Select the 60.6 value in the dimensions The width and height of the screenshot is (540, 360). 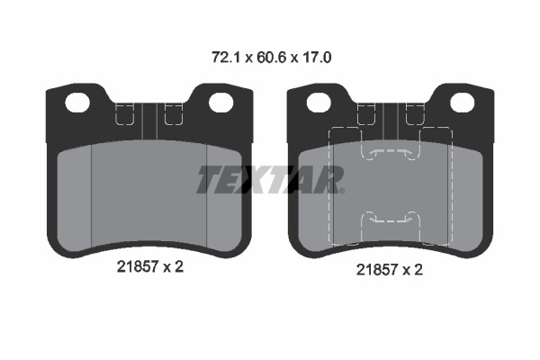pos(272,58)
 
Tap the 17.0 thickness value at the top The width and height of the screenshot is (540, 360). pos(317,58)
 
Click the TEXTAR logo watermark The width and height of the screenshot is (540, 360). pos(271,179)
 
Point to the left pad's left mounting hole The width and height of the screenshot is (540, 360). pos(77,103)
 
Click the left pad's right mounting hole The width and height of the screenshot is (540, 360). pos(221,103)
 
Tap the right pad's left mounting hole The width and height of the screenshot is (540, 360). pos(319,103)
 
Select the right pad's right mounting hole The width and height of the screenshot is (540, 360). pos(463,103)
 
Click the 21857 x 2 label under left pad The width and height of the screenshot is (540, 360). pos(149,266)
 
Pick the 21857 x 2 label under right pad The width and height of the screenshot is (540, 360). pos(389,269)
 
